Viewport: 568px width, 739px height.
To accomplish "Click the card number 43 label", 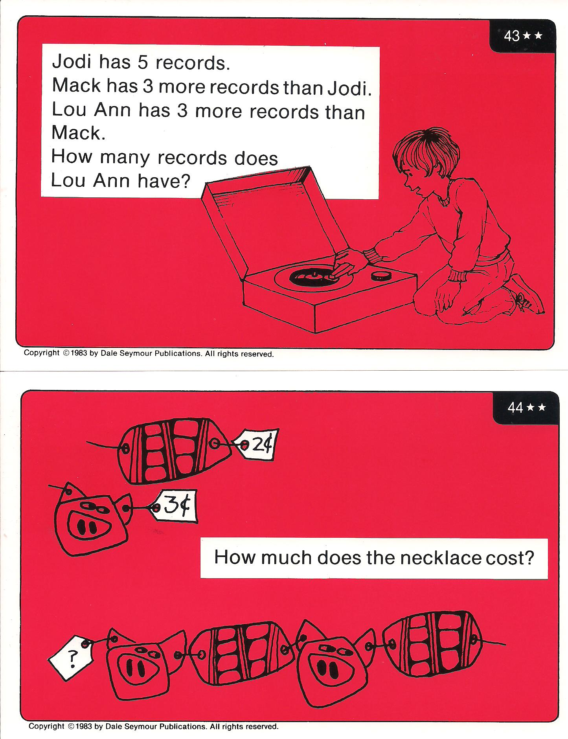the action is (512, 36).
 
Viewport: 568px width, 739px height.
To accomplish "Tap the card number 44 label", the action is (515, 408).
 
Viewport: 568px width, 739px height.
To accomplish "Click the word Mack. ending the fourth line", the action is (79, 133).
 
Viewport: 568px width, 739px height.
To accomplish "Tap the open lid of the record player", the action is (271, 220).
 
